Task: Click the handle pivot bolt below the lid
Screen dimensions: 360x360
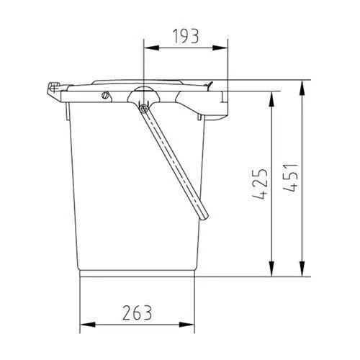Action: pyautogui.click(x=144, y=107)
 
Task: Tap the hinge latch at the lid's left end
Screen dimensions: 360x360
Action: pyautogui.click(x=54, y=89)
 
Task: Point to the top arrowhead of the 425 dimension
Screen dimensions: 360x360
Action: pyautogui.click(x=271, y=94)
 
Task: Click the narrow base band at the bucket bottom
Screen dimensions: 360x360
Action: pyautogui.click(x=137, y=272)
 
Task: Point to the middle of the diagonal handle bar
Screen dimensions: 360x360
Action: pyautogui.click(x=175, y=162)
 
